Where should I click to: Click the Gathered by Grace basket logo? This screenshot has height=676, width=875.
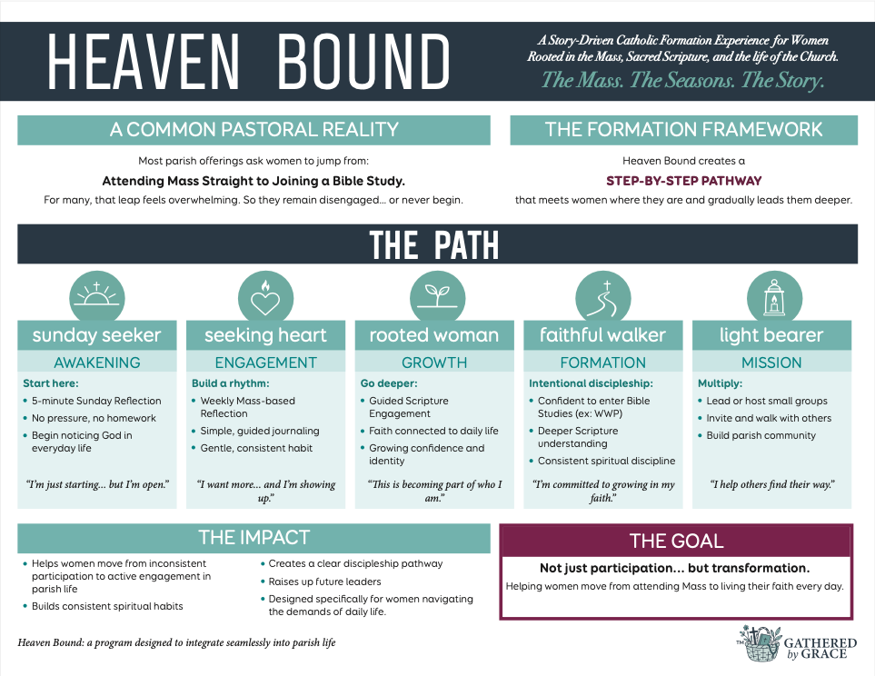click(760, 641)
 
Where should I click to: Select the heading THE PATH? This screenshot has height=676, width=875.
click(433, 245)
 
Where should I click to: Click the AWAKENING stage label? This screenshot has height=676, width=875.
click(97, 363)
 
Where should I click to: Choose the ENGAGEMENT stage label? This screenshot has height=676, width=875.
click(265, 363)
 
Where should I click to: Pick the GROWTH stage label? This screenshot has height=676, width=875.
click(433, 363)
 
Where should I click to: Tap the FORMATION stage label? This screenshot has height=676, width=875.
click(602, 363)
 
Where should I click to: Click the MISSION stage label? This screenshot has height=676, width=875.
click(772, 363)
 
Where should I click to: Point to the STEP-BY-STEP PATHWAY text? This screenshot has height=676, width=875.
click(683, 181)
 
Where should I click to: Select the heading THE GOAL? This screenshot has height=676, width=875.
click(676, 542)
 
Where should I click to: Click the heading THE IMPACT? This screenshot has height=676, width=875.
click(254, 537)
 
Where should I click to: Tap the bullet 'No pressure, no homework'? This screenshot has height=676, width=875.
click(94, 418)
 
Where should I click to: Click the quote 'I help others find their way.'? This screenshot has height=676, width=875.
click(772, 484)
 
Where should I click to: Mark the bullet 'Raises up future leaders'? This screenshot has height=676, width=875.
click(324, 582)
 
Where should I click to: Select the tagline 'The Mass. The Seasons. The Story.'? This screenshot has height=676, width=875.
click(682, 80)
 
